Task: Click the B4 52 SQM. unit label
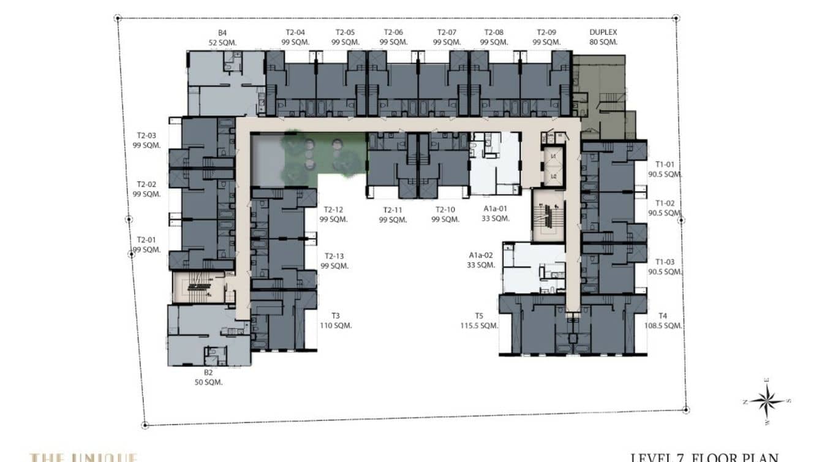[222, 37]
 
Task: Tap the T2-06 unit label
[393, 37]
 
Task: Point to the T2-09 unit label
[546, 37]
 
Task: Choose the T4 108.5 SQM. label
[663, 321]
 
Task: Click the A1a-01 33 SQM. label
[495, 214]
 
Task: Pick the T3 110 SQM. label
[335, 321]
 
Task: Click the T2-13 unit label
[335, 261]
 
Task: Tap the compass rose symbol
[766, 401]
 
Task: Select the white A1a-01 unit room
[495, 162]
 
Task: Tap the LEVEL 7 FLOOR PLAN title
[704, 456]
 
